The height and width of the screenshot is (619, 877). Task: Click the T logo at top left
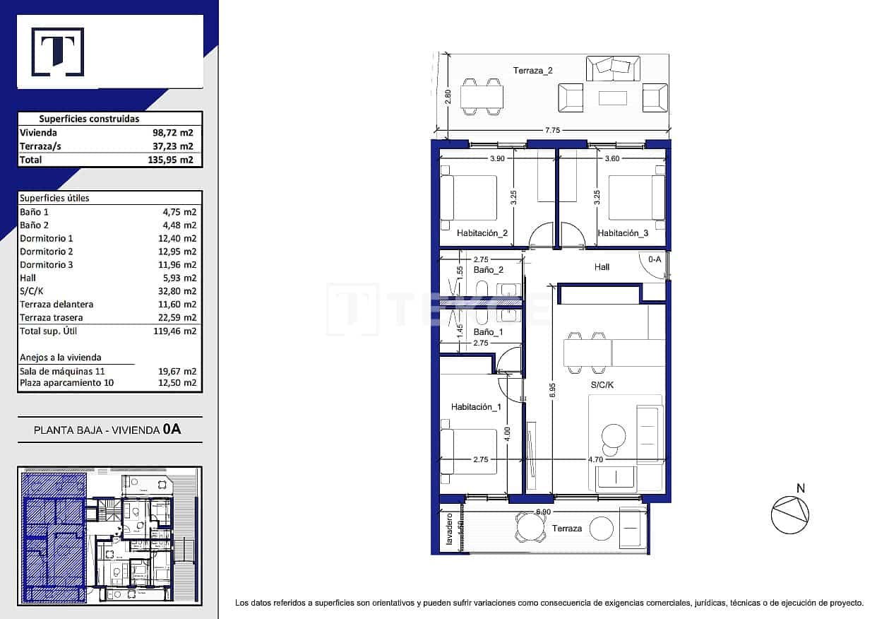(x=57, y=52)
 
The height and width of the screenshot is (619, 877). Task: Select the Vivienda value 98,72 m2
(x=173, y=133)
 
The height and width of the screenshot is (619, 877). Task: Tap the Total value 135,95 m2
(x=173, y=160)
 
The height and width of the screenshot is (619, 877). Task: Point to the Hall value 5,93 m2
(x=179, y=278)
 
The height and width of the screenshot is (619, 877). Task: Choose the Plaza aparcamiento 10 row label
(x=66, y=383)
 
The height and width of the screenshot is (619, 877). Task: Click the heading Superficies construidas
(x=89, y=119)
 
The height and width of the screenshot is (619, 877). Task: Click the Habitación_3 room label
(x=623, y=233)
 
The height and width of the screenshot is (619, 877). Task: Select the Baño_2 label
(x=488, y=270)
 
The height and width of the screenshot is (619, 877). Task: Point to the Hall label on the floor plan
(x=602, y=267)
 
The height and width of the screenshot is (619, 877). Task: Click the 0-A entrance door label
(x=654, y=259)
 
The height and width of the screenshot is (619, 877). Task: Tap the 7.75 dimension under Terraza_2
(x=553, y=130)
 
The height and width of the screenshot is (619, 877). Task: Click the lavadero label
(x=448, y=529)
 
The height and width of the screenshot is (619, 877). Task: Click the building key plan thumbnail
(x=109, y=536)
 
